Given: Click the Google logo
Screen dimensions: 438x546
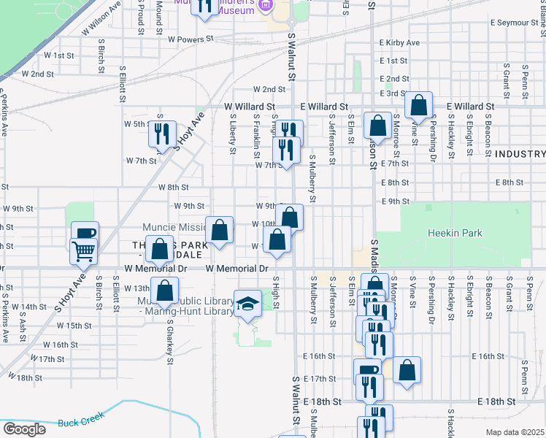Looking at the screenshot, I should tap(23, 429).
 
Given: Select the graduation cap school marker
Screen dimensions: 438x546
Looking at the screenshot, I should tap(247, 304).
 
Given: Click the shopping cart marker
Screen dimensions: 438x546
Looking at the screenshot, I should tap(84, 251).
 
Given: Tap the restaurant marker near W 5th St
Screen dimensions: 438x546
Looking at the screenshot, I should tap(162, 133).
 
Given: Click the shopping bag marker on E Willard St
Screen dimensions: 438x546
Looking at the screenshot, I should tap(418, 106).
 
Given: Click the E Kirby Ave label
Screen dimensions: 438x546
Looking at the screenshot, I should tap(400, 43).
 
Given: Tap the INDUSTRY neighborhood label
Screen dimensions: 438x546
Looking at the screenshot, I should tap(519, 154).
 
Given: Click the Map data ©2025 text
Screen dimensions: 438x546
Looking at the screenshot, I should tap(515, 432).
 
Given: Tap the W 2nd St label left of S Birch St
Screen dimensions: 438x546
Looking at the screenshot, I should tap(37, 74).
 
